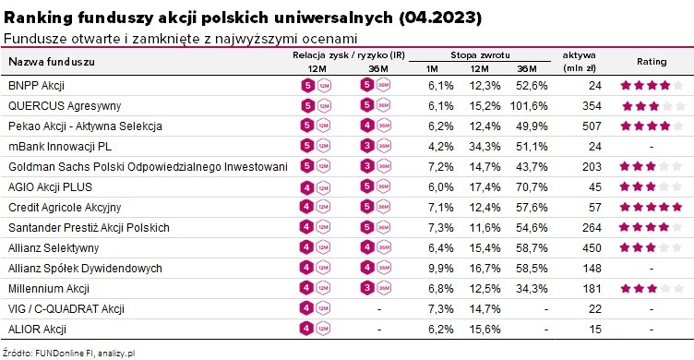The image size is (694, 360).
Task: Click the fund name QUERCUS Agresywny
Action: tap(65, 106)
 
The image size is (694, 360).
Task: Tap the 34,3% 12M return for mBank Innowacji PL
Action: tap(485, 147)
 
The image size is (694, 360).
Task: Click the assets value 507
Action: tap(592, 126)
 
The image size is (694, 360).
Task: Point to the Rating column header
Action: tap(652, 62)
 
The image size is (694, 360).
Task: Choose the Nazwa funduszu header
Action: tap(52, 62)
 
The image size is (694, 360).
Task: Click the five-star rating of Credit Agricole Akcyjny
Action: tap(651, 207)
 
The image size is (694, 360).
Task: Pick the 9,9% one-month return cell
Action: tap(441, 269)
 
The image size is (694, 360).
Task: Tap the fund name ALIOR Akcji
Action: tap(37, 329)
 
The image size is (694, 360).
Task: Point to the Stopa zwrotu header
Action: tap(480, 55)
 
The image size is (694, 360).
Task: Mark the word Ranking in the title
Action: tap(38, 18)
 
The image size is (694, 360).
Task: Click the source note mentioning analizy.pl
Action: tap(68, 354)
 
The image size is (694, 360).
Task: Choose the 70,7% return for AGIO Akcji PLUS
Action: tap(532, 187)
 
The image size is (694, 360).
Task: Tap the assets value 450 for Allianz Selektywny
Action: tap(592, 248)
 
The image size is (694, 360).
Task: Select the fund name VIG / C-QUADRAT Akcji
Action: tap(66, 309)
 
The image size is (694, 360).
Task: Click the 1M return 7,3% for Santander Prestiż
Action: tap(441, 228)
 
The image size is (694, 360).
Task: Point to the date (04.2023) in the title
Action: tap(440, 18)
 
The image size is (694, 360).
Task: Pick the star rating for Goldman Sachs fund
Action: tap(651, 166)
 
